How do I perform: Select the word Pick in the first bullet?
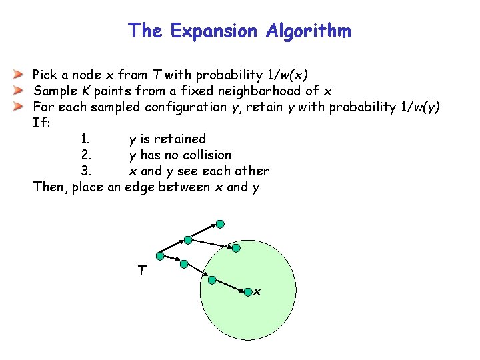[45, 75]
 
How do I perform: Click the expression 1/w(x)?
[285, 75]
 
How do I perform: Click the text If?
[41, 123]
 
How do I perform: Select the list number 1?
[85, 139]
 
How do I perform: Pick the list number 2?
[85, 155]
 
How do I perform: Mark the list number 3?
[85, 171]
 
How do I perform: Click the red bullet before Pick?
[20, 75]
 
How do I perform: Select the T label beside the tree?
[141, 270]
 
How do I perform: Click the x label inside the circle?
[257, 292]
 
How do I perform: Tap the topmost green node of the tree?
[220, 225]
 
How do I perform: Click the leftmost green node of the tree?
[159, 255]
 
